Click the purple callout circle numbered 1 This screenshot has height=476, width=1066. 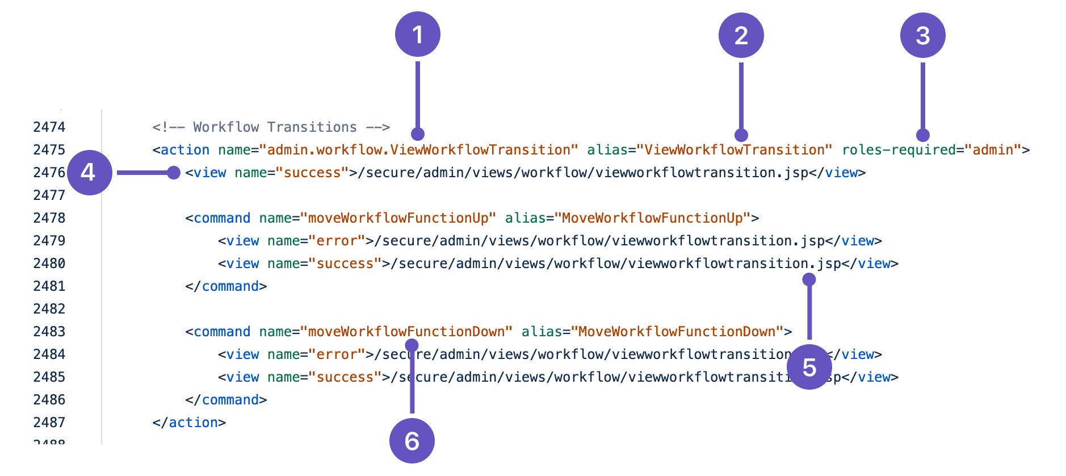pyautogui.click(x=418, y=34)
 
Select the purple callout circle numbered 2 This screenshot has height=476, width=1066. pyautogui.click(x=741, y=35)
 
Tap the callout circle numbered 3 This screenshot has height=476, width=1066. pyautogui.click(x=922, y=35)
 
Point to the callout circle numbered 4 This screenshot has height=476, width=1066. pyautogui.click(x=89, y=172)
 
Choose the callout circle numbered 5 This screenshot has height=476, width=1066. pyautogui.click(x=809, y=367)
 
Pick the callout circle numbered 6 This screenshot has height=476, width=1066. pyautogui.click(x=412, y=441)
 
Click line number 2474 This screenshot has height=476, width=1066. pyautogui.click(x=49, y=127)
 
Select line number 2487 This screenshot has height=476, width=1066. pyautogui.click(x=49, y=423)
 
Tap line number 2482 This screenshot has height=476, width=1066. pyautogui.click(x=49, y=309)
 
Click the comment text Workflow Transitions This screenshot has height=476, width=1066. pyautogui.click(x=275, y=127)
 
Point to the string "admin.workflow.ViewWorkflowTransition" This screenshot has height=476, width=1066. pyautogui.click(x=418, y=150)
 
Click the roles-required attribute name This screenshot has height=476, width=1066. pyautogui.click(x=899, y=150)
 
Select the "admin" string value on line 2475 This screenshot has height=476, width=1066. pyautogui.click(x=993, y=150)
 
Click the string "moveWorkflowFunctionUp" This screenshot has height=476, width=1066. pyautogui.click(x=398, y=218)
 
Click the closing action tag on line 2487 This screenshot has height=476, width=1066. pyautogui.click(x=189, y=423)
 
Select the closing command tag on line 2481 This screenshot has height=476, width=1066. pyautogui.click(x=226, y=286)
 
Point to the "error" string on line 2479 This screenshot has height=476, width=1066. pyautogui.click(x=337, y=241)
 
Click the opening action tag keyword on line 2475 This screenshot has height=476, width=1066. pyautogui.click(x=184, y=150)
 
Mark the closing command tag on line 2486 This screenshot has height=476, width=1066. pyautogui.click(x=226, y=400)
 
